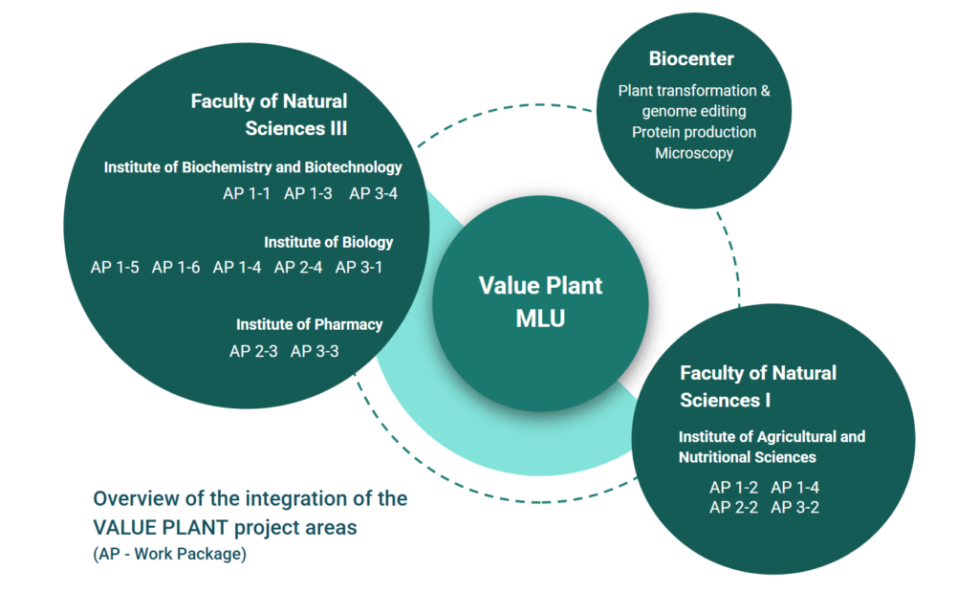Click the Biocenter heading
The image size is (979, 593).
[691, 58]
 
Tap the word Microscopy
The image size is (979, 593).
[694, 153]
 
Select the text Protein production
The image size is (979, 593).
[694, 132]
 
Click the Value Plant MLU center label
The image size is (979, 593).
[541, 302]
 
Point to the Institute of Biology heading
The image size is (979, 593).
[329, 242]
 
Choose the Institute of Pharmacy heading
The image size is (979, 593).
[309, 325]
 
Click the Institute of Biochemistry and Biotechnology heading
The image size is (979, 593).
[252, 167]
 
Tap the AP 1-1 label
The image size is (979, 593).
[247, 194]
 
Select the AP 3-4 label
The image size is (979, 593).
[374, 194]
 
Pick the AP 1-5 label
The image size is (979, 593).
[115, 268]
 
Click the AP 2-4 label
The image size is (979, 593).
[298, 268]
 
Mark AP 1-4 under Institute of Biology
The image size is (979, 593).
[237, 268]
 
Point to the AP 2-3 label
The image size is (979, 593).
[253, 351]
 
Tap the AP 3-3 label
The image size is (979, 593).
[315, 351]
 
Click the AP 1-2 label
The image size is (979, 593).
[733, 488]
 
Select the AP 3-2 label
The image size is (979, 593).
[794, 507]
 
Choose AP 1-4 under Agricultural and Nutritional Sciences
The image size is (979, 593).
[794, 488]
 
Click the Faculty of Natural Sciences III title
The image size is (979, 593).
[269, 115]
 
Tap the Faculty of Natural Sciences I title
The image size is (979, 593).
[758, 386]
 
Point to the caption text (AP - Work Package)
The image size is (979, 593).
[170, 554]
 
